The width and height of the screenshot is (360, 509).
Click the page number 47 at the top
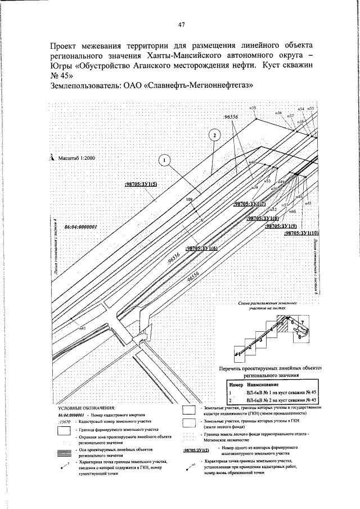(x=181, y=24)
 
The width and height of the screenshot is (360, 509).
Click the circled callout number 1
(x=164, y=161)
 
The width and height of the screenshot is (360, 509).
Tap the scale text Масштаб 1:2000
(x=76, y=159)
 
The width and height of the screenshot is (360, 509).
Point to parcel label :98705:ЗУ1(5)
(x=141, y=184)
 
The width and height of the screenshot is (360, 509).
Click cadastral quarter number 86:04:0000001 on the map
(x=82, y=227)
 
